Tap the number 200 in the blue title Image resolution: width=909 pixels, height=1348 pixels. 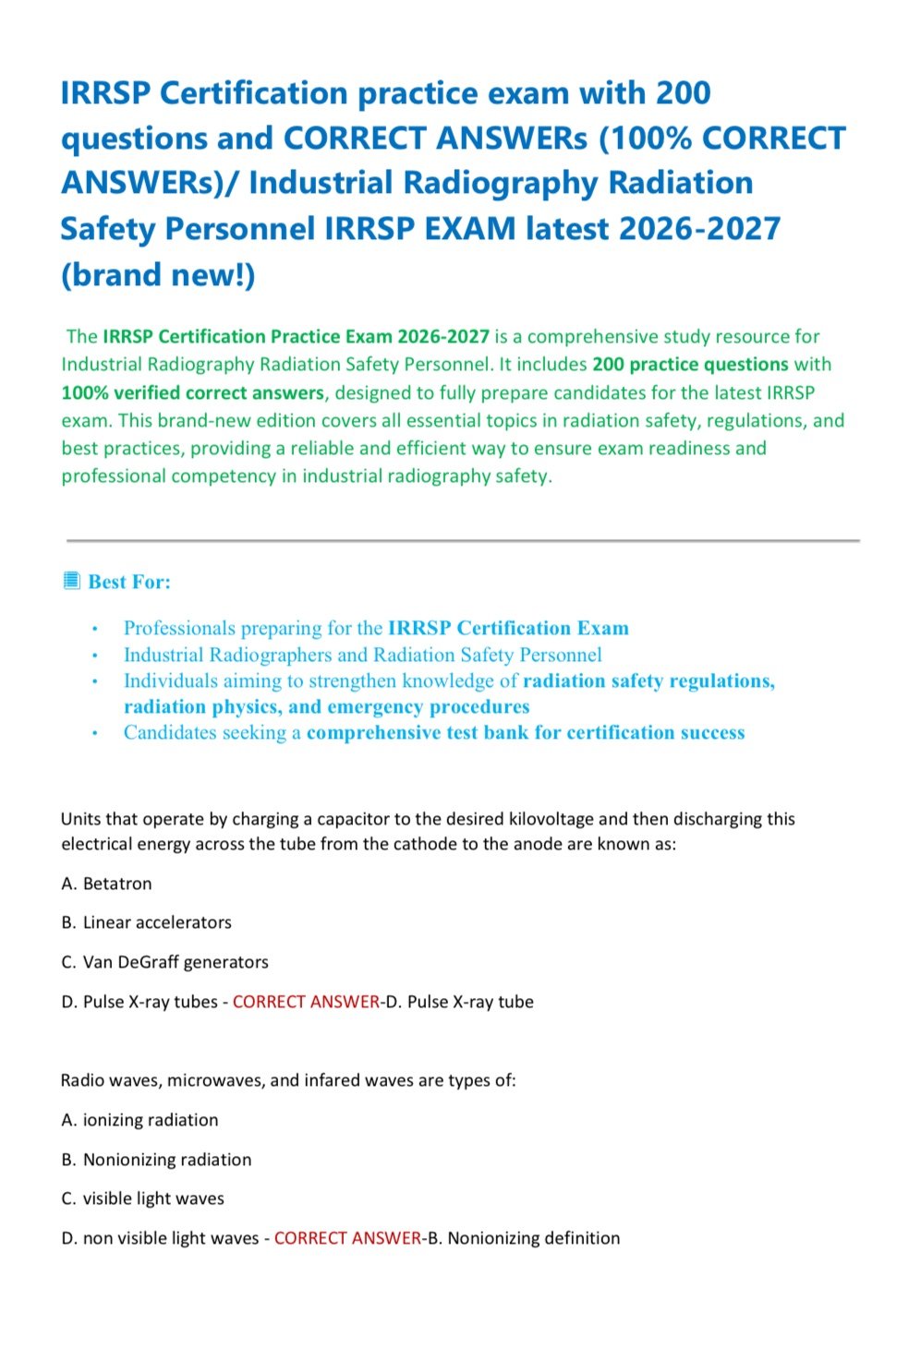click(x=684, y=93)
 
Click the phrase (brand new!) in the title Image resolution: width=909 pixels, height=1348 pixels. click(x=157, y=274)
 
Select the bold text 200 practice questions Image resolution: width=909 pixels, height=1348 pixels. click(x=690, y=365)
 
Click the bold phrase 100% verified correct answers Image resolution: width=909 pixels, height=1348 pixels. click(x=192, y=392)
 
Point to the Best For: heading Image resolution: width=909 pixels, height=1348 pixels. click(x=129, y=582)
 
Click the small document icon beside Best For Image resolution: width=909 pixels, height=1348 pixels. click(x=71, y=581)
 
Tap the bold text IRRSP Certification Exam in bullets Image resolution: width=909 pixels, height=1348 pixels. click(x=508, y=628)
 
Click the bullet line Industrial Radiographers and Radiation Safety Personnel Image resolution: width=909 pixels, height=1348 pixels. click(x=362, y=655)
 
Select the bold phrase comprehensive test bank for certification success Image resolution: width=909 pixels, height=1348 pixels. click(x=526, y=732)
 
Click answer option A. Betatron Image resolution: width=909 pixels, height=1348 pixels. click(x=106, y=884)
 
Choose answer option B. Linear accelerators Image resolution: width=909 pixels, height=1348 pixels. click(x=146, y=922)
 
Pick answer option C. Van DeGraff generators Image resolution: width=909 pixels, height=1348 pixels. click(x=164, y=962)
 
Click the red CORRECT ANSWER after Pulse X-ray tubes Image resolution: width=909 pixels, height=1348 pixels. click(x=306, y=1002)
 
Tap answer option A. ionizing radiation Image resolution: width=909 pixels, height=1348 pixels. click(x=139, y=1120)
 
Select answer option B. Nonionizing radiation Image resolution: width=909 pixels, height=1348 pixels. click(x=156, y=1160)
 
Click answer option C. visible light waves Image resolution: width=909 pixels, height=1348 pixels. click(x=142, y=1198)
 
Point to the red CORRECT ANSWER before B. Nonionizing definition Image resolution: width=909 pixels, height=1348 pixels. click(x=347, y=1238)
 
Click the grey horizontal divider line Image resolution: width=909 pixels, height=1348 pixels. click(x=462, y=540)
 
